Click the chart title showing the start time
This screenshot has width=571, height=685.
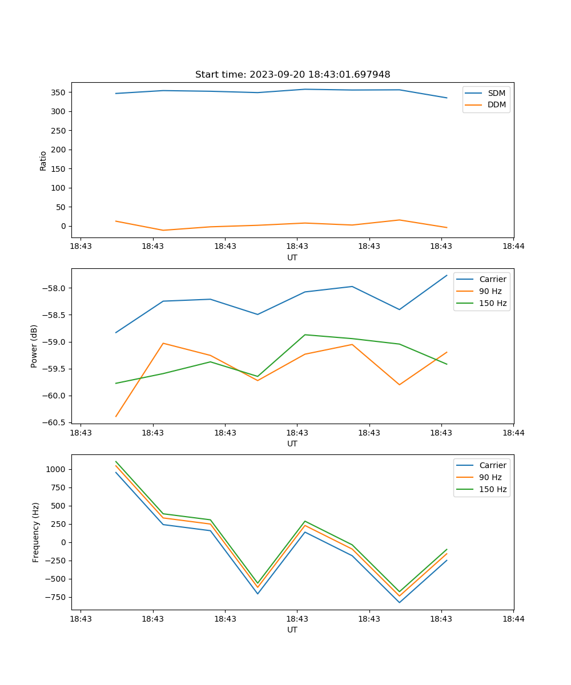click(x=292, y=75)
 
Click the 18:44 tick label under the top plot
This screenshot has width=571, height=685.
click(x=513, y=246)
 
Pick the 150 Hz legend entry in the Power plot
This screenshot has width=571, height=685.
click(x=493, y=303)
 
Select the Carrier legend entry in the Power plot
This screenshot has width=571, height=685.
click(x=493, y=279)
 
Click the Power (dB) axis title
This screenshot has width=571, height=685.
click(x=35, y=346)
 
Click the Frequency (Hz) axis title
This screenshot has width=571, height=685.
click(x=36, y=532)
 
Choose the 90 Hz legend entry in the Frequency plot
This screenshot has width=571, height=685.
click(x=490, y=477)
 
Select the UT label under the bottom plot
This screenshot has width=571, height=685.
click(x=292, y=630)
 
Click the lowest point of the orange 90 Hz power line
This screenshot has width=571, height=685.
click(x=116, y=417)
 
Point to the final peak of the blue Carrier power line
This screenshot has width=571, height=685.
click(x=447, y=275)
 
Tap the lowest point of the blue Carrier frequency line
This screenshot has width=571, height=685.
click(x=399, y=602)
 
